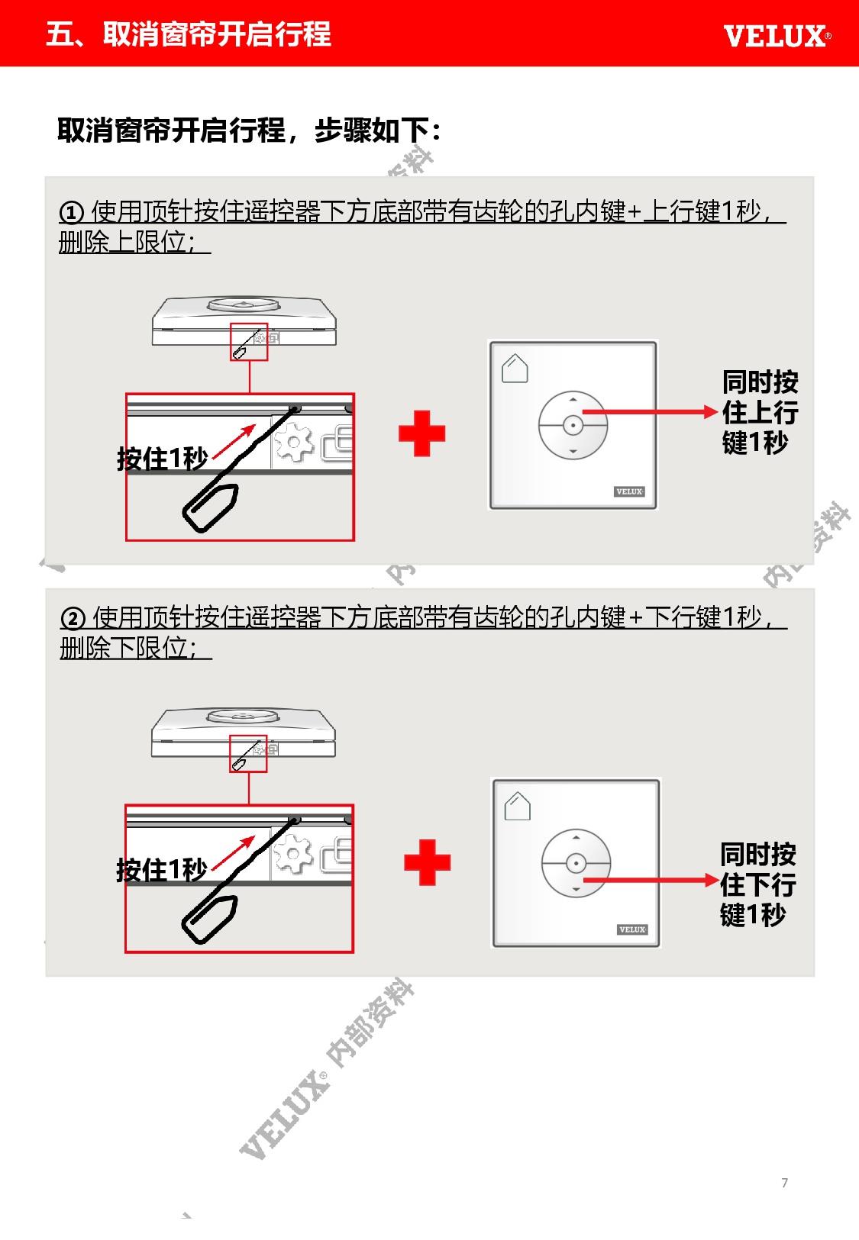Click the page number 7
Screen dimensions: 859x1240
784,1183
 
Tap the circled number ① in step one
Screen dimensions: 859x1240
72,212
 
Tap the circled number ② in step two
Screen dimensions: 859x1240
73,618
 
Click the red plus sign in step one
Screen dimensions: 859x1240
421,433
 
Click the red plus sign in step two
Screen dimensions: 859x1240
427,862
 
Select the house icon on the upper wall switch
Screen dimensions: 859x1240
515,368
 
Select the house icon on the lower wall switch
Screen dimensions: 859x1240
518,806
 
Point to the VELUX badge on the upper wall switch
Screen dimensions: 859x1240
629,491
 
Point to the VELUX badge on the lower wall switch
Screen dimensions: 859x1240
632,929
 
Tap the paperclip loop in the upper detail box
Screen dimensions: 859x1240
211,507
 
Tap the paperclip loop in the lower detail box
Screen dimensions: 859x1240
210,919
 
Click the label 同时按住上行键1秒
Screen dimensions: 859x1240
760,412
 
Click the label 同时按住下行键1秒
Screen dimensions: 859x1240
758,884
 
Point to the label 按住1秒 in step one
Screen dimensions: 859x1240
163,459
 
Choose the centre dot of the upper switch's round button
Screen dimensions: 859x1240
573,425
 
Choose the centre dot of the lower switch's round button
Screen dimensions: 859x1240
576,863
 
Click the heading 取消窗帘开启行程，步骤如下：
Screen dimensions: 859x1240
249,130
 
